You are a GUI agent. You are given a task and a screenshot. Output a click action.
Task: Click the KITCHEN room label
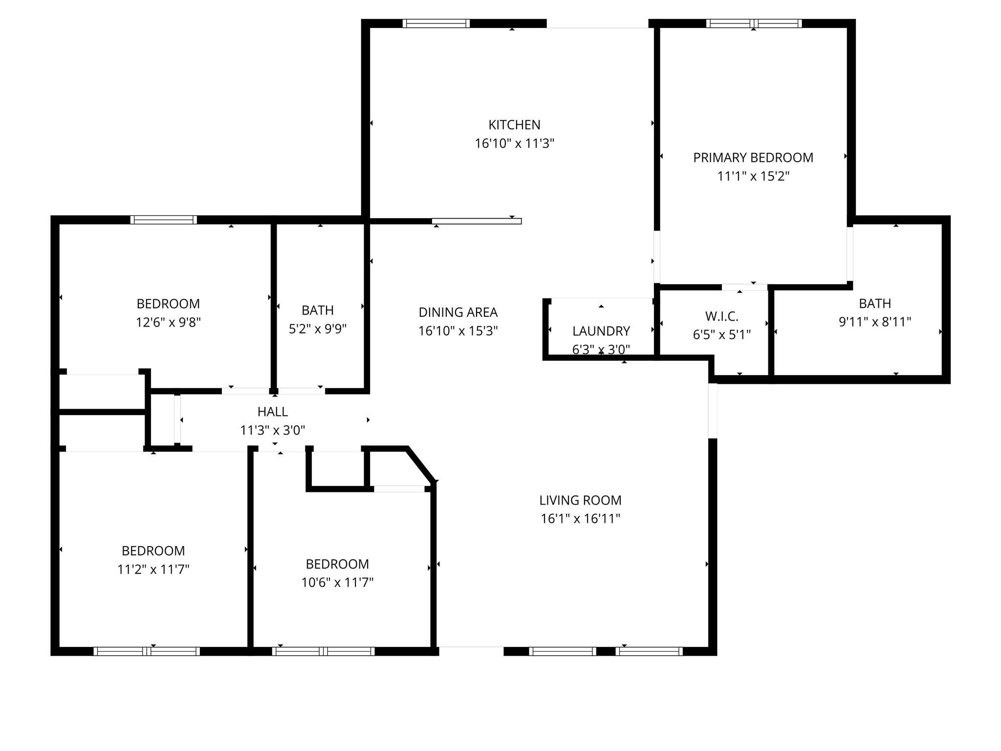click(514, 125)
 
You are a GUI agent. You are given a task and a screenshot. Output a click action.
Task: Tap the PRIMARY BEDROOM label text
click(753, 158)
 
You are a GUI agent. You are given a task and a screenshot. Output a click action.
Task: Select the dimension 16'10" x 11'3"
click(514, 144)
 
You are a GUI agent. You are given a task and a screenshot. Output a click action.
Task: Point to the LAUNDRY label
click(601, 331)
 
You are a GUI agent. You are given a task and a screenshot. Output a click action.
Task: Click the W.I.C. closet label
click(722, 316)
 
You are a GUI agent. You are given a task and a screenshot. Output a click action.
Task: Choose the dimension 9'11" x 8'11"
click(875, 322)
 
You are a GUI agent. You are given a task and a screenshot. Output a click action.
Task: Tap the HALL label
click(272, 412)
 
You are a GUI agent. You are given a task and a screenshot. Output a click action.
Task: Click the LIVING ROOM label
click(580, 500)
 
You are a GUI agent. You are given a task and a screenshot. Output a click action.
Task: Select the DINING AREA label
click(458, 312)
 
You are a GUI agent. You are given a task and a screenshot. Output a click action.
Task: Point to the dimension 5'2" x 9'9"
click(318, 329)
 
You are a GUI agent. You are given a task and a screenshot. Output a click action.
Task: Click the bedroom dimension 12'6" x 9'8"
click(168, 323)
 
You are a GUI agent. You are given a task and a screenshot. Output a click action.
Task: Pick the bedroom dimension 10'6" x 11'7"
click(337, 583)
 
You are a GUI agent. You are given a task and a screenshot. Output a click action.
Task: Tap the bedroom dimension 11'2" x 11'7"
click(153, 570)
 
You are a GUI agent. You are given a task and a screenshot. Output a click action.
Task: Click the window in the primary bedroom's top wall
click(754, 23)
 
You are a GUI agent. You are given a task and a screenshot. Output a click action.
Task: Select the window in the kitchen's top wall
click(436, 23)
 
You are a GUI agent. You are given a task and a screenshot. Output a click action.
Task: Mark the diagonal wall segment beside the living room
click(421, 464)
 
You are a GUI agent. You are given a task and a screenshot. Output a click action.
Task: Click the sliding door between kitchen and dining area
click(477, 221)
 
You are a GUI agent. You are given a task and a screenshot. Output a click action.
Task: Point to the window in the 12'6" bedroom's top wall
click(164, 220)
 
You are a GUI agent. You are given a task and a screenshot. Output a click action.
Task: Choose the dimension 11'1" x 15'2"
click(753, 177)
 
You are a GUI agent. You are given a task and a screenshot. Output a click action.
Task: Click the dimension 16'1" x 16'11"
click(580, 519)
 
